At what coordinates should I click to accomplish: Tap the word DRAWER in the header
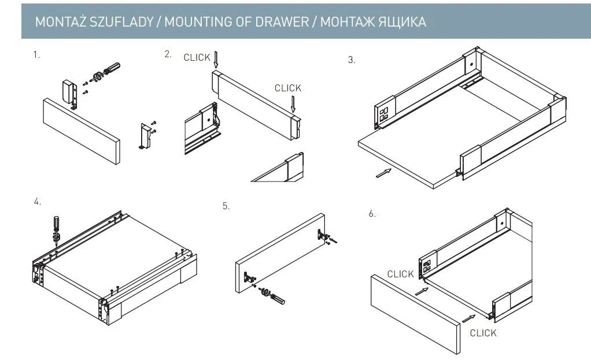tap(283, 23)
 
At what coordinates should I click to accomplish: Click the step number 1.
tap(36, 55)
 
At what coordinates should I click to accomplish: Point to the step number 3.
tap(352, 60)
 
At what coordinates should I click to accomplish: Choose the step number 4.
tap(37, 202)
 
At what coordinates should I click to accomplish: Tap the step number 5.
tap(226, 205)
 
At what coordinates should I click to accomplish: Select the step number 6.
tap(372, 214)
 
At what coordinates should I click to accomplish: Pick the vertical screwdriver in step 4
tap(56, 225)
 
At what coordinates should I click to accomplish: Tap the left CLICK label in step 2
tap(197, 57)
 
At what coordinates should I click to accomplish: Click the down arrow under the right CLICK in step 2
tap(293, 104)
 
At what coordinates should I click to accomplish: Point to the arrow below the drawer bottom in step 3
tap(383, 172)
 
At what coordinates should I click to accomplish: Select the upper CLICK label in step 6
tap(400, 274)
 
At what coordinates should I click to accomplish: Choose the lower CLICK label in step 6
tap(483, 333)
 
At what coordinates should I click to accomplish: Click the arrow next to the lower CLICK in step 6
tap(468, 317)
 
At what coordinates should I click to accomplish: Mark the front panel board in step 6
tap(413, 312)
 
